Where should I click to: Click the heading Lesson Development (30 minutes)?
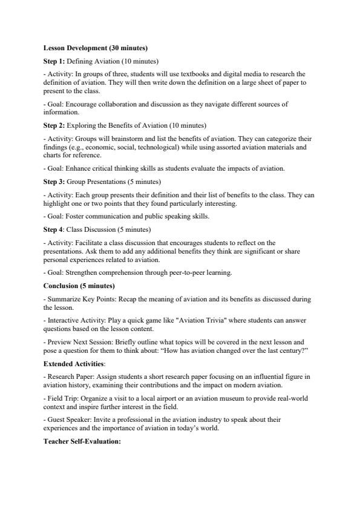click(x=96, y=48)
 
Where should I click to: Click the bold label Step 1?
click(x=54, y=61)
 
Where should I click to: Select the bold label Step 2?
click(x=54, y=125)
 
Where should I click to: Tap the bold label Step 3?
click(x=54, y=181)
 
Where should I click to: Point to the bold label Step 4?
click(x=54, y=229)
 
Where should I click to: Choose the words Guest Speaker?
click(x=67, y=419)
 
